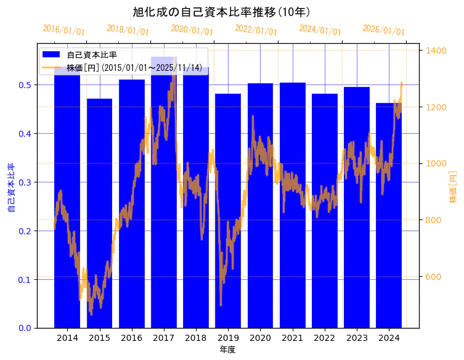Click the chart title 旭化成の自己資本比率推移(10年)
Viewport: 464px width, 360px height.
click(221, 12)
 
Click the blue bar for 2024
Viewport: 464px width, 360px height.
click(389, 215)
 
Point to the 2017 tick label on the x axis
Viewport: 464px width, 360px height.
click(164, 338)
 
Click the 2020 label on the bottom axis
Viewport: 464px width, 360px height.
click(260, 338)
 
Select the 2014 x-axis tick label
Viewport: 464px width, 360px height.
click(67, 338)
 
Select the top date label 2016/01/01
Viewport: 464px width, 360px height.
click(64, 30)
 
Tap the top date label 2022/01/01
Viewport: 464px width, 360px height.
click(256, 30)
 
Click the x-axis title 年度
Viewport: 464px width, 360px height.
click(227, 350)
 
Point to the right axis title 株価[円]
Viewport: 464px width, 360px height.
click(453, 188)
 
